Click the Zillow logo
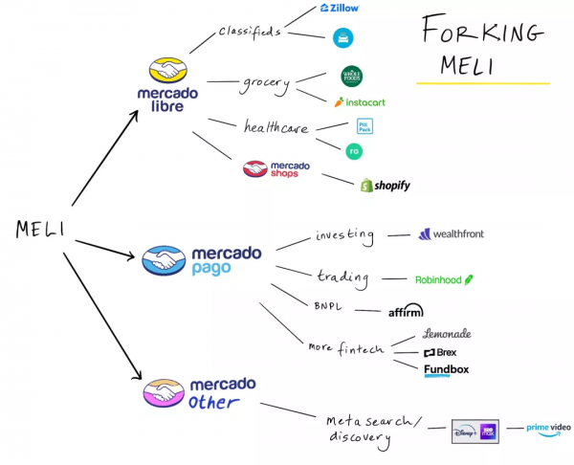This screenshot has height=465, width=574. pos(340,8)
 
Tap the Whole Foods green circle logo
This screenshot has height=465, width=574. pos(351,77)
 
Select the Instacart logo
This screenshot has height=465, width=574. pos(360,100)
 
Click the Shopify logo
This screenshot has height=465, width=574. pos(385,185)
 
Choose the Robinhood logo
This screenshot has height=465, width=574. pos(444,280)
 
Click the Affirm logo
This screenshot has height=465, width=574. pos(406,310)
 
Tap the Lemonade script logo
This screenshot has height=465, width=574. pos(447,334)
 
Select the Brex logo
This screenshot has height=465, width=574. pos(439,352)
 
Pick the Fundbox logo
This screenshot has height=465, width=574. pos(446,370)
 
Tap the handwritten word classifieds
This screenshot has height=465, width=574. pos(248,31)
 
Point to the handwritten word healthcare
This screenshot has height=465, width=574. pos(276,126)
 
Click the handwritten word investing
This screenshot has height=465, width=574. pos(345,234)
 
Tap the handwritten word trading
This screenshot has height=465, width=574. pos(342,277)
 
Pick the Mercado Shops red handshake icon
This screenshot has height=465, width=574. pos(255,169)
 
